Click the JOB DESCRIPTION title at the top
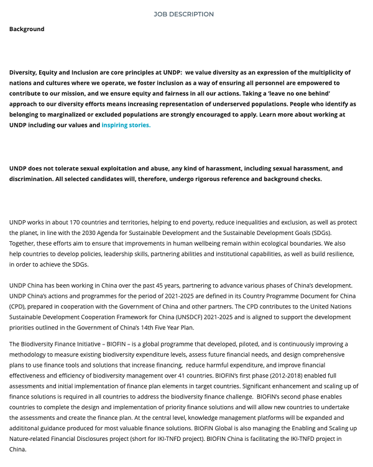pyautogui.click(x=183, y=14)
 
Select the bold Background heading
pyautogui.click(x=27, y=29)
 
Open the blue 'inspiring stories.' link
pyautogui.click(x=126, y=125)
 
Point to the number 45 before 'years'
pyautogui.click(x=138, y=285)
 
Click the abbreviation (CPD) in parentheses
pyautogui.click(x=17, y=307)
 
